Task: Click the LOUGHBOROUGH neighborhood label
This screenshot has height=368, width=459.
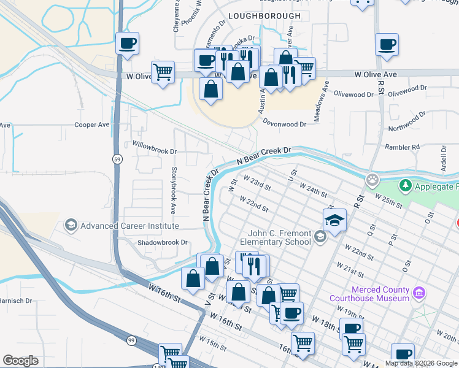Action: (x=264, y=16)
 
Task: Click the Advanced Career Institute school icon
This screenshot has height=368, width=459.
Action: (x=71, y=226)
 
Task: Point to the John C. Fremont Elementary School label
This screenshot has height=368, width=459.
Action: (x=279, y=237)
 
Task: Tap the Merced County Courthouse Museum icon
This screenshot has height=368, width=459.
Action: (x=420, y=293)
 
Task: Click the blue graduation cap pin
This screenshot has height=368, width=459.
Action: (x=334, y=221)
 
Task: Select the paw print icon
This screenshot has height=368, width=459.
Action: (x=372, y=180)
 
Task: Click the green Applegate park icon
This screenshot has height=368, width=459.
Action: (x=405, y=185)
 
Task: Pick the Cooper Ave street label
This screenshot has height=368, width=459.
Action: (x=91, y=125)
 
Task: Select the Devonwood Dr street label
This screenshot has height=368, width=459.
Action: (x=284, y=124)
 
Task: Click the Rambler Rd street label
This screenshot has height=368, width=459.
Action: (x=402, y=147)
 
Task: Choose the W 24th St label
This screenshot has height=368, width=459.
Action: (x=313, y=189)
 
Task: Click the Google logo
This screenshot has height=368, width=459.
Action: (x=20, y=361)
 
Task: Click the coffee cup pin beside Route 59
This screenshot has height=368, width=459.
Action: (x=127, y=44)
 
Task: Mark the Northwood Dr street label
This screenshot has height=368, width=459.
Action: (x=407, y=122)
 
